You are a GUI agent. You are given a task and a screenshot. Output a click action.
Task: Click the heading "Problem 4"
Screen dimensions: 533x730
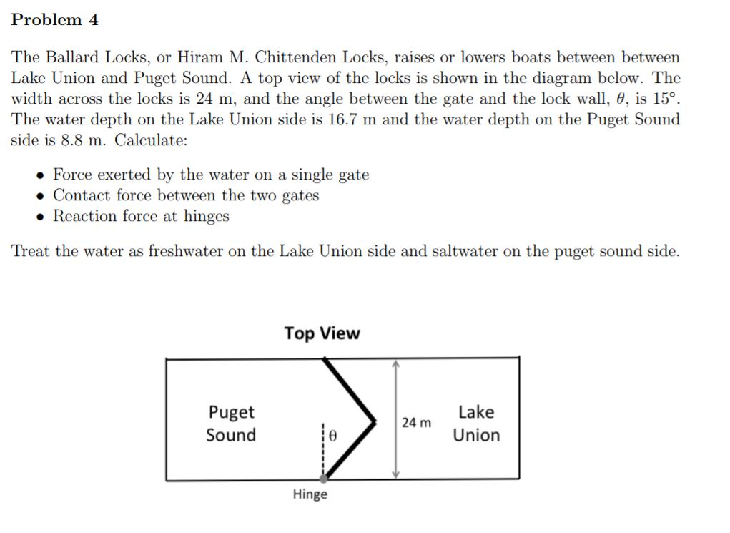pos(54,20)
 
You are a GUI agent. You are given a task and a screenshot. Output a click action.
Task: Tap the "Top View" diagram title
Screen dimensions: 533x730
pos(322,333)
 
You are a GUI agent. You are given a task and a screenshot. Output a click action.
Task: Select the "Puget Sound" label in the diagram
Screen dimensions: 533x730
pos(231,424)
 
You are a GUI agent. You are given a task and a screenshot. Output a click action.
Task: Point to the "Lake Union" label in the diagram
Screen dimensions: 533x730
pos(476,424)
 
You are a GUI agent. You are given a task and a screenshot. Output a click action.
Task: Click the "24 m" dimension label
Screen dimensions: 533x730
pos(416,422)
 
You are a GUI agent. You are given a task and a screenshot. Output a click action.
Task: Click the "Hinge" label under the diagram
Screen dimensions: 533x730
pos(310,494)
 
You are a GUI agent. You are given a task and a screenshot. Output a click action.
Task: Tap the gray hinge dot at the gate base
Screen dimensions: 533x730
pos(323,479)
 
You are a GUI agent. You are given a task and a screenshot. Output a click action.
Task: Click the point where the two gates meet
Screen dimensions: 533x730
pos(374,419)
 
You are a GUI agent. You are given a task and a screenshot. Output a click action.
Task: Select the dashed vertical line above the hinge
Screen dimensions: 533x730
pos(323,447)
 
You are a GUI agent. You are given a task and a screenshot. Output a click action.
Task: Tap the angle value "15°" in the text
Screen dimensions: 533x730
pos(664,99)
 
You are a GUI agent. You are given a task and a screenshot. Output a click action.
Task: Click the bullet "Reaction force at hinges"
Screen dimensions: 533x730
pos(141,216)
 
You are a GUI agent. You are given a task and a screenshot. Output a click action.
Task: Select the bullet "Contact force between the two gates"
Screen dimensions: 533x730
pos(186,195)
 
